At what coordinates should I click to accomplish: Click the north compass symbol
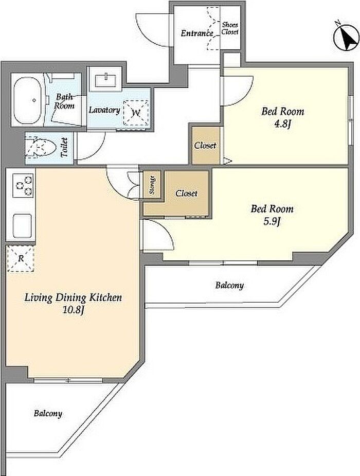(346, 38)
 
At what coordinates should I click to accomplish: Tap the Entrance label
(197, 33)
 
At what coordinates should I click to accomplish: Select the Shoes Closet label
(230, 28)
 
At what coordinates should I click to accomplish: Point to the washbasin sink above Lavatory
(105, 80)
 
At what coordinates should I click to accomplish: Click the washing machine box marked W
(136, 113)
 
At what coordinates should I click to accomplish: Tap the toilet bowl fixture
(41, 148)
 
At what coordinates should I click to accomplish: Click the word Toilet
(64, 148)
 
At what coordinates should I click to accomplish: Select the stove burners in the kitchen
(23, 185)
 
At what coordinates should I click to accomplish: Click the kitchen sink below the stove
(22, 226)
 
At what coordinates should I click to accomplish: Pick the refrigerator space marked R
(21, 259)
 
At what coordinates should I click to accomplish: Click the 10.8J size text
(73, 310)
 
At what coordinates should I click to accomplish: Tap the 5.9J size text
(272, 222)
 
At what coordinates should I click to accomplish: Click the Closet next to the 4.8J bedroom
(205, 146)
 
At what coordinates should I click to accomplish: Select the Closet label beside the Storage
(186, 193)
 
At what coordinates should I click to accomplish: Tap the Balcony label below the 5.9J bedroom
(229, 286)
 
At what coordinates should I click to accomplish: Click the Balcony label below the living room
(48, 413)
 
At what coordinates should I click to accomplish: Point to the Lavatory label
(104, 110)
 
